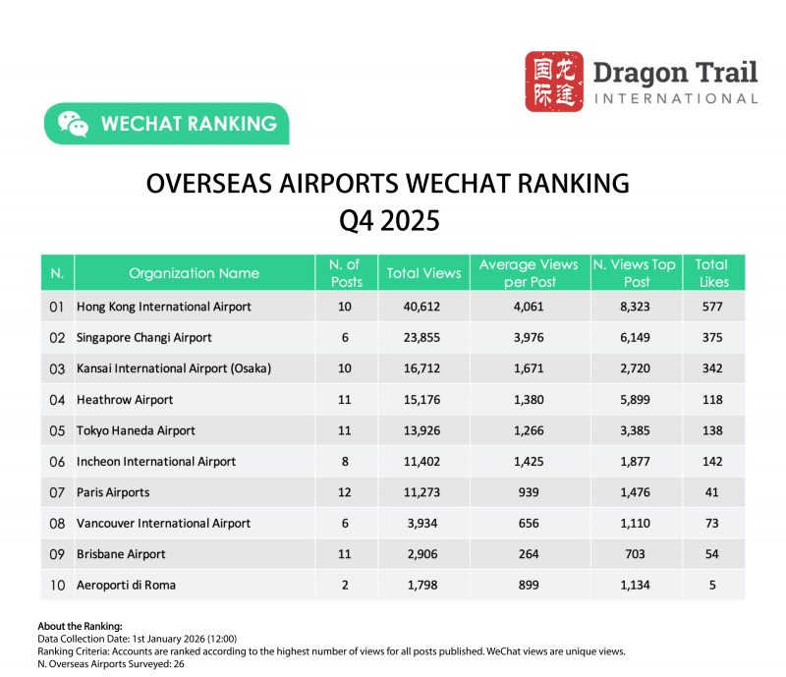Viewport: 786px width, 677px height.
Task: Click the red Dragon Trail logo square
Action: click(x=554, y=81)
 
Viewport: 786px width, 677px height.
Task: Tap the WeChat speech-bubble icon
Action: click(x=73, y=124)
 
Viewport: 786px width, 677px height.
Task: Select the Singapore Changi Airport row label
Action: click(x=144, y=337)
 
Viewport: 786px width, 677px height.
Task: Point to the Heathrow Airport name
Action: click(x=125, y=399)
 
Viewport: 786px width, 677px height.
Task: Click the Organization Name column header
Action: click(x=194, y=273)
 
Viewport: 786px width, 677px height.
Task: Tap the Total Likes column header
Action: click(x=712, y=272)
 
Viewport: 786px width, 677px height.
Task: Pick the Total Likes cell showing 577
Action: click(x=712, y=307)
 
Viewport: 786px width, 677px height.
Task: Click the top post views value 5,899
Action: click(x=635, y=399)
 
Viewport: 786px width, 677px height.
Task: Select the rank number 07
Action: click(x=57, y=491)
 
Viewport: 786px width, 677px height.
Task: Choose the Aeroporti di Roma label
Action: click(x=128, y=585)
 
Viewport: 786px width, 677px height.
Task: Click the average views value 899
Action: click(x=530, y=585)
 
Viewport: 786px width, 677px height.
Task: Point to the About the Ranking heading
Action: click(x=80, y=626)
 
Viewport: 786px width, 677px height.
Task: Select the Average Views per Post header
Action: click(x=529, y=272)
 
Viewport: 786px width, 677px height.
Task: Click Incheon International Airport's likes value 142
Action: click(x=712, y=461)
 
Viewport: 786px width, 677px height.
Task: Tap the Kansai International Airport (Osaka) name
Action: click(x=174, y=368)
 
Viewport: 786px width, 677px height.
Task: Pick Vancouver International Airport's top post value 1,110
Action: click(x=635, y=523)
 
